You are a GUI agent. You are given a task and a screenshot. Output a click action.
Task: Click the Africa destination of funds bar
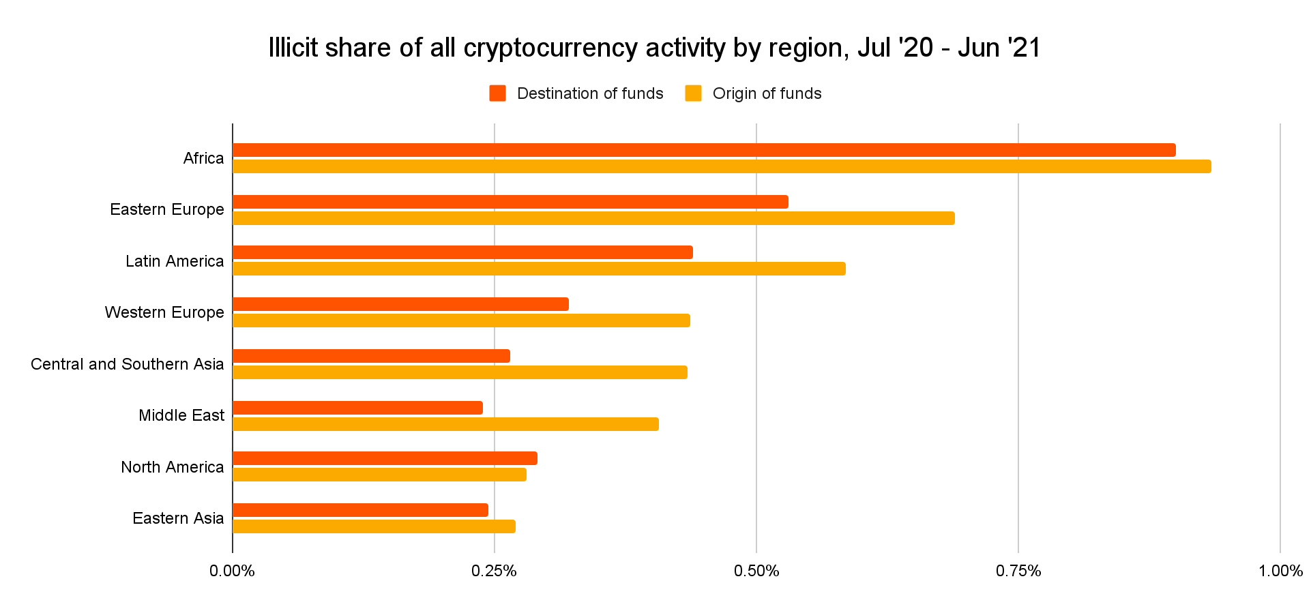tap(704, 150)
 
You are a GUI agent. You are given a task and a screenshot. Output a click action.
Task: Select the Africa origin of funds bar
tap(722, 166)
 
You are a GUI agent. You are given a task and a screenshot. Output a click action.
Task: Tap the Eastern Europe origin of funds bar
tap(593, 218)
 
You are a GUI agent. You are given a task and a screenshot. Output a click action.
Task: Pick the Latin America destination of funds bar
tap(462, 252)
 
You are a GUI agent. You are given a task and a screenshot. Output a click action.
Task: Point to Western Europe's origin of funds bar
tap(461, 321)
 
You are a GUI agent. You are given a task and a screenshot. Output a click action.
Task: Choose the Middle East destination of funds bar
tap(357, 408)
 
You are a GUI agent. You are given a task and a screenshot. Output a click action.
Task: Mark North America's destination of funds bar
tap(385, 458)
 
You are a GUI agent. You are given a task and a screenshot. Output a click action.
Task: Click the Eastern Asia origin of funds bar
tap(374, 526)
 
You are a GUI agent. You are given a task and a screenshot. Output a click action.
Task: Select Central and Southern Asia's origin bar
tap(460, 372)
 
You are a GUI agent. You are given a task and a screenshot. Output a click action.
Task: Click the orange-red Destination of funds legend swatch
tap(497, 93)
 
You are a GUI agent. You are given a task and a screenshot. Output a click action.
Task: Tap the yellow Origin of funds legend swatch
tap(693, 93)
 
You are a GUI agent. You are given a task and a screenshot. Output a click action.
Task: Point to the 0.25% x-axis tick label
tap(494, 571)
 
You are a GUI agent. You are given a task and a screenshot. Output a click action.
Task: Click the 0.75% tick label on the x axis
tap(1018, 571)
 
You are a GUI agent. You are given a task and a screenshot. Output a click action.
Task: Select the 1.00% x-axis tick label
tap(1280, 571)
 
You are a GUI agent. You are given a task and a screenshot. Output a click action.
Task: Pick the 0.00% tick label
tap(233, 571)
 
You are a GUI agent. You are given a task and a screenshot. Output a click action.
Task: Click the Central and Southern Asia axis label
tap(127, 364)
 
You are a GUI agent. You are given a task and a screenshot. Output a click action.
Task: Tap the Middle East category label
tap(181, 415)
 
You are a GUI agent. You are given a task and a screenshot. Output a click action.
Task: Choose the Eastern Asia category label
tap(178, 518)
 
